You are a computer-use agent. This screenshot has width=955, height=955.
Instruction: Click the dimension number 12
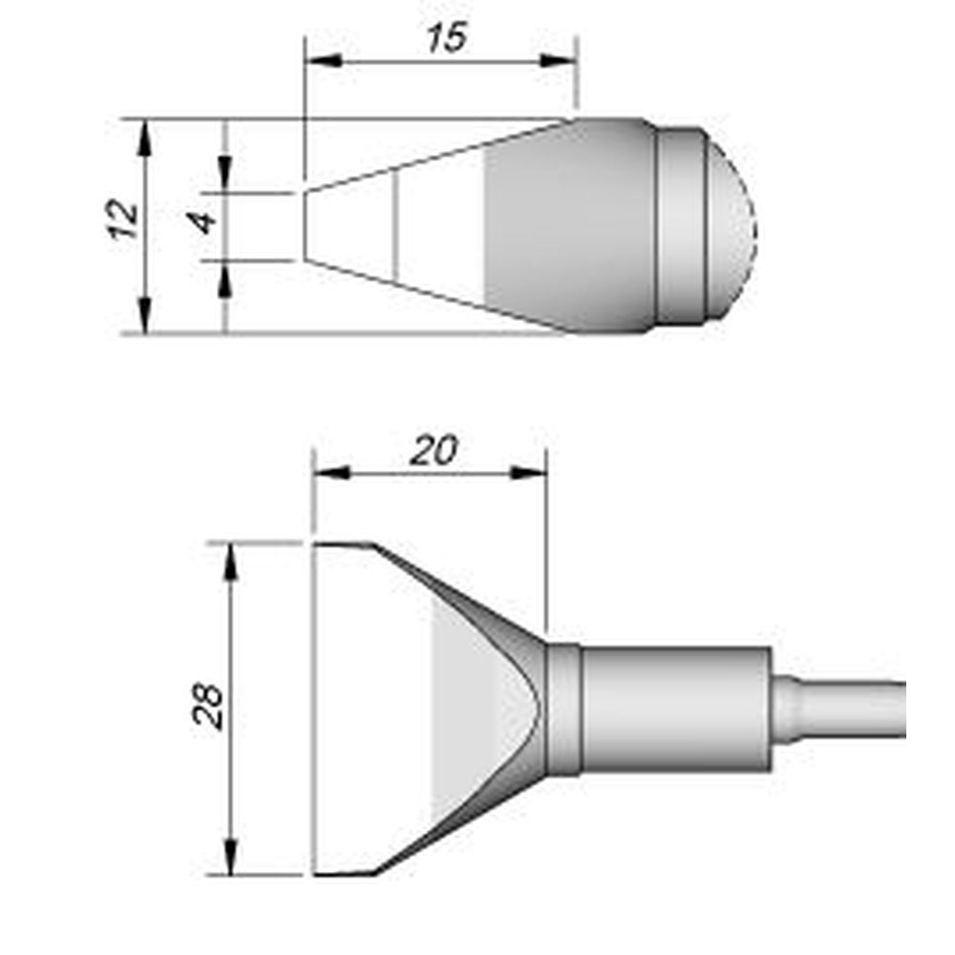pyautogui.click(x=125, y=221)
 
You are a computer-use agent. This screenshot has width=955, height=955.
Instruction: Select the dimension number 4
pyautogui.click(x=203, y=223)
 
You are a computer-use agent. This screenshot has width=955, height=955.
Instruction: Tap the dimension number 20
pyautogui.click(x=434, y=450)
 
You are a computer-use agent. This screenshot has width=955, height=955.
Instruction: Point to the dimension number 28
pyautogui.click(x=209, y=706)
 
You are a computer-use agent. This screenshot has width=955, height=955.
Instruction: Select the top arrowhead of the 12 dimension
pyautogui.click(x=145, y=135)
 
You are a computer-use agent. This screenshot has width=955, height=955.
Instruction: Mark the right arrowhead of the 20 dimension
pyautogui.click(x=530, y=473)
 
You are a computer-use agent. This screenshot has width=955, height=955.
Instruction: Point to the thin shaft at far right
pyautogui.click(x=850, y=708)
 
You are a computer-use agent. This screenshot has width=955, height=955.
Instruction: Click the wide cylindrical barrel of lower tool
pyautogui.click(x=675, y=708)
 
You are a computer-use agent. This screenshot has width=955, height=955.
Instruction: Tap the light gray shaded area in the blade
pyautogui.click(x=463, y=708)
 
